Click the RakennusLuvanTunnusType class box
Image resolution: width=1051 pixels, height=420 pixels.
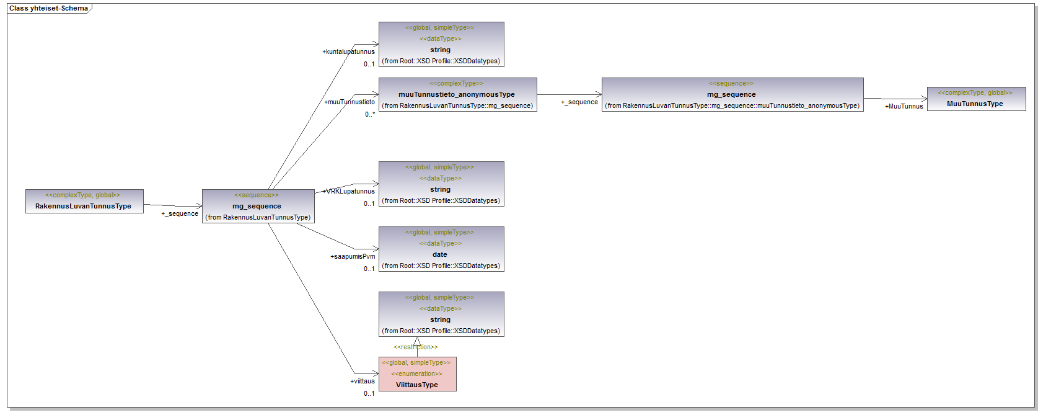pyautogui.click(x=84, y=201)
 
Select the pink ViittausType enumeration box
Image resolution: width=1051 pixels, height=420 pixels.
pyautogui.click(x=417, y=374)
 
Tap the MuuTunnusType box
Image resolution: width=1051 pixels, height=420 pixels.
pyautogui.click(x=976, y=99)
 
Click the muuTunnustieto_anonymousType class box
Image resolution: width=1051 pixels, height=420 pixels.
pyautogui.click(x=457, y=94)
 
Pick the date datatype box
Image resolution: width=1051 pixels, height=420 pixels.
pyautogui.click(x=441, y=249)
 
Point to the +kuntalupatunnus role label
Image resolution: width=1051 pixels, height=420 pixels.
pyautogui.click(x=349, y=52)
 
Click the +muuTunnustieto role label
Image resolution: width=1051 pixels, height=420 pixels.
pyautogui.click(x=350, y=102)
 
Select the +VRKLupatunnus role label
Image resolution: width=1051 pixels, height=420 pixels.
pyautogui.click(x=350, y=192)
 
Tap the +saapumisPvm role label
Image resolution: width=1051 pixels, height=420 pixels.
pyautogui.click(x=353, y=257)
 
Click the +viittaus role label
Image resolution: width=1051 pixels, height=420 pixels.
pyautogui.click(x=363, y=382)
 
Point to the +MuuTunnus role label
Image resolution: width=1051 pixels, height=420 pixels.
pyautogui.click(x=904, y=107)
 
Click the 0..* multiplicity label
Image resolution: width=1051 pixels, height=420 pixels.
pyautogui.click(x=369, y=115)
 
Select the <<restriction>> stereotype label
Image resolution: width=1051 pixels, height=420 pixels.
pyautogui.click(x=416, y=347)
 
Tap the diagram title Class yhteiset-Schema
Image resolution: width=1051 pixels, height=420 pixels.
pyautogui.click(x=48, y=9)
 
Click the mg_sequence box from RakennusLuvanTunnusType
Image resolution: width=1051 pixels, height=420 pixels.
pyautogui.click(x=258, y=206)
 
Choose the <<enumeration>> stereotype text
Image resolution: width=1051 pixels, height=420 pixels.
pyautogui.click(x=417, y=374)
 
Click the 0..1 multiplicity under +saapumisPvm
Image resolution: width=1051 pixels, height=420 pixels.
pyautogui.click(x=369, y=269)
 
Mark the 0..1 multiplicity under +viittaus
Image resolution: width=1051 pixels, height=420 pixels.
pyautogui.click(x=369, y=394)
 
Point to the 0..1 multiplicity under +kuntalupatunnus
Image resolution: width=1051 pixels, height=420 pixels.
pyautogui.click(x=369, y=65)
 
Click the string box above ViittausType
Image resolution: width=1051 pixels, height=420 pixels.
pyautogui.click(x=441, y=314)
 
